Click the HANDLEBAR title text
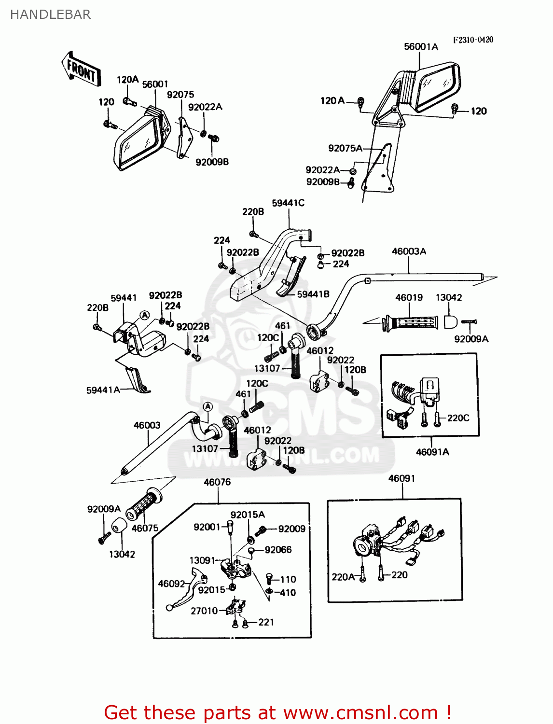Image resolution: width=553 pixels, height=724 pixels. coord(50,14)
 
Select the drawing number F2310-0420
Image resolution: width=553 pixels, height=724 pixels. coord(473,40)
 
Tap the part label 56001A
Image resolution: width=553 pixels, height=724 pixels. coord(421,47)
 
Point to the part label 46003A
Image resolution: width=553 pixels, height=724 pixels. coord(409,251)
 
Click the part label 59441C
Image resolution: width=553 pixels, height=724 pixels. coord(288,203)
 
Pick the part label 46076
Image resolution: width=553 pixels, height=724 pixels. coord(217,482)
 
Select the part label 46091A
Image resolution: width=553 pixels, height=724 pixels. coord(432,452)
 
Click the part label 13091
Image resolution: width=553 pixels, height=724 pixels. coord(202,560)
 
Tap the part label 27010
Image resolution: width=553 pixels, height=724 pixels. coord(204,611)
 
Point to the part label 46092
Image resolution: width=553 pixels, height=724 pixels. coord(171,584)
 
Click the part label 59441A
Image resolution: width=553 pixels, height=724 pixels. coord(103,390)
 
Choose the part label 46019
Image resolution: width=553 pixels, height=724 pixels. coord(409,298)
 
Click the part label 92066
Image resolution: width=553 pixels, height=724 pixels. coord(278,550)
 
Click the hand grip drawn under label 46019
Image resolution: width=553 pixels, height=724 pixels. coord(411,322)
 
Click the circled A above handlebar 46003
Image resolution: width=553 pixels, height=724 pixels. coord(207,407)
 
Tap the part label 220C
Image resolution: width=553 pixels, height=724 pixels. coord(458,418)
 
